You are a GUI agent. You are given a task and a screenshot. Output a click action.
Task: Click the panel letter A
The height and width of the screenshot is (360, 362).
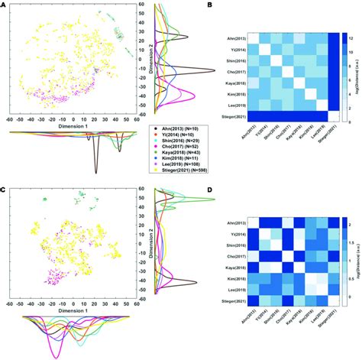pyautogui.click(x=4, y=6)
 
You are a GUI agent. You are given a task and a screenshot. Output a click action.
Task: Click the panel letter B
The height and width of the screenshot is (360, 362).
pyautogui.click(x=210, y=6)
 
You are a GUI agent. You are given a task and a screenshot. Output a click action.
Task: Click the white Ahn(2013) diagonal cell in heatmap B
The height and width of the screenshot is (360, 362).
pyautogui.click(x=253, y=39)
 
